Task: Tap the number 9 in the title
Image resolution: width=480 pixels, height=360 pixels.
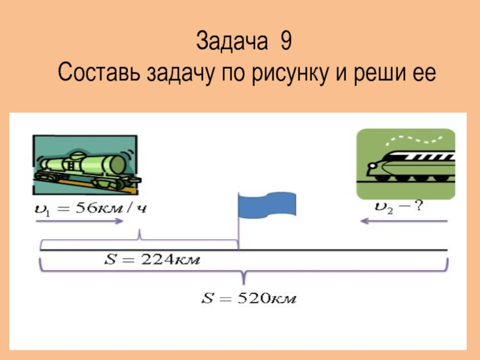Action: point(286,43)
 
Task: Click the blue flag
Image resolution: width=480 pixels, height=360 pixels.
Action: point(269,203)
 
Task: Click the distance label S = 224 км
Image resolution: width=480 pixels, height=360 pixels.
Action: point(152,260)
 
